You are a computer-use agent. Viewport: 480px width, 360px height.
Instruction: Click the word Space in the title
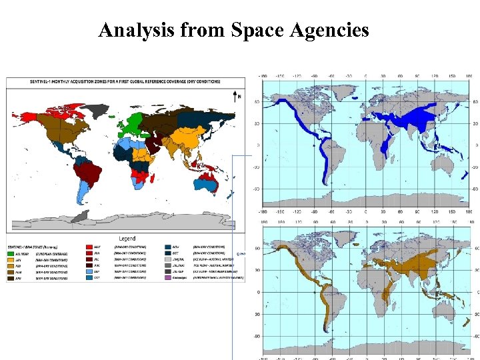256,30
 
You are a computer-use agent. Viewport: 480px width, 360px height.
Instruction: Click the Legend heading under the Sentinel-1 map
127,238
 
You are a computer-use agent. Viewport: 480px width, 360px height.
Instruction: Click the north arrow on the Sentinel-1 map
238,97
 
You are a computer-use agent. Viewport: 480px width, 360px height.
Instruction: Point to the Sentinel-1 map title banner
125,81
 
